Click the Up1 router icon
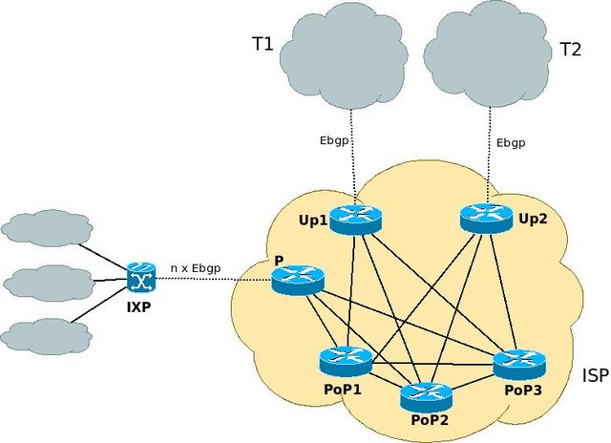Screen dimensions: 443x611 354,219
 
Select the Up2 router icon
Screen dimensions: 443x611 485,219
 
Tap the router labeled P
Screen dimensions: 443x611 298,279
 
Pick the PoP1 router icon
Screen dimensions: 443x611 346,361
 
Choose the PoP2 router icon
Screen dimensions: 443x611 427,393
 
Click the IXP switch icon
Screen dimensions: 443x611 141,278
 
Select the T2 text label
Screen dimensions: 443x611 570,50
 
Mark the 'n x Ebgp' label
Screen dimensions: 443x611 196,268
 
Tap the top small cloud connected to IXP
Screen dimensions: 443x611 45,228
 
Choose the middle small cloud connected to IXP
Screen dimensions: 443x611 47,283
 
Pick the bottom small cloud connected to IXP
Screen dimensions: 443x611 45,334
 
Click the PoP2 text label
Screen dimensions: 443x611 426,419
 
